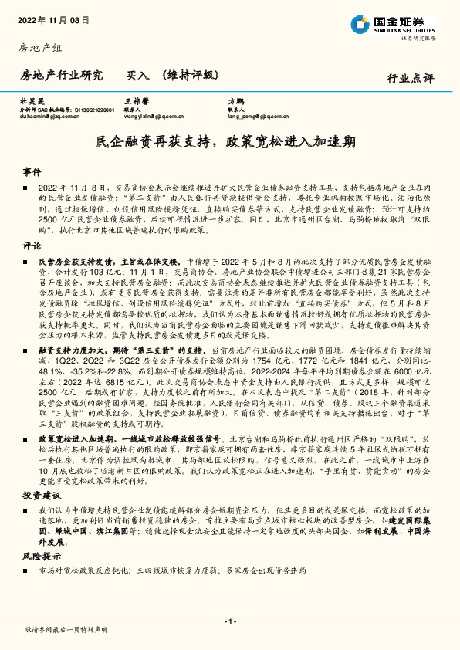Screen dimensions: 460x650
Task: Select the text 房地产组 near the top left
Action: click(x=39, y=49)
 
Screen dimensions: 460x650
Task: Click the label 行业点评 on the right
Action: click(x=410, y=78)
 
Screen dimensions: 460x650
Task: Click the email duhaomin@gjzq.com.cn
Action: click(x=50, y=117)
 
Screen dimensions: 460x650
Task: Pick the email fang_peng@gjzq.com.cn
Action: click(x=258, y=117)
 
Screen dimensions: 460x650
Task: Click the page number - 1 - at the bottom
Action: click(x=229, y=621)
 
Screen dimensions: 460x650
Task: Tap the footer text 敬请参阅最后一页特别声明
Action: click(x=66, y=630)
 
